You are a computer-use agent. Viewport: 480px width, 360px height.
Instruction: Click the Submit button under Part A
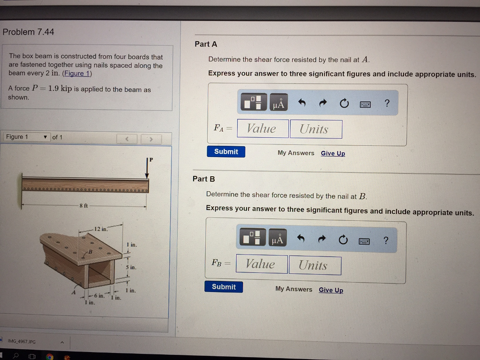coord(226,151)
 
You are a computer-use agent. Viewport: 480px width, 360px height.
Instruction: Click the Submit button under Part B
coord(224,286)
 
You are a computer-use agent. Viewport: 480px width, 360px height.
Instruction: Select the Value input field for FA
coord(262,128)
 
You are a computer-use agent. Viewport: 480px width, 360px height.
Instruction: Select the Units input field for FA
coord(315,129)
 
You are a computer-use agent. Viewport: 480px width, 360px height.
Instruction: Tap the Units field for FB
coord(315,265)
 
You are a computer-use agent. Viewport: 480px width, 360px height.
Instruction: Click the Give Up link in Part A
coord(333,153)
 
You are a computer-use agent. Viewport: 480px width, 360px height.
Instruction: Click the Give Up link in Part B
coord(331,290)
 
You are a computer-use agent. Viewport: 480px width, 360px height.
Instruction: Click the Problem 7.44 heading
coord(29,32)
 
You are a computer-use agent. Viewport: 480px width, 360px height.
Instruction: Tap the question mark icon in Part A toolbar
coord(386,103)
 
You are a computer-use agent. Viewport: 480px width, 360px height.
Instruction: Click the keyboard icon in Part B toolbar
coord(365,241)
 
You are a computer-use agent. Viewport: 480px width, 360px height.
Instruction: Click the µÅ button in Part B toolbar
coord(278,240)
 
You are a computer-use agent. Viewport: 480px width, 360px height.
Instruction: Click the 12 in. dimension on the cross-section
coord(100,229)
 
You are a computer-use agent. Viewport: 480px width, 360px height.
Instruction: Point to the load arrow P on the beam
coord(147,169)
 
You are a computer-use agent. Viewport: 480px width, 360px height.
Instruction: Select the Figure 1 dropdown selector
coord(27,137)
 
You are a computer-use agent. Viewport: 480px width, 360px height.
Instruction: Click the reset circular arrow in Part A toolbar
coord(345,104)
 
